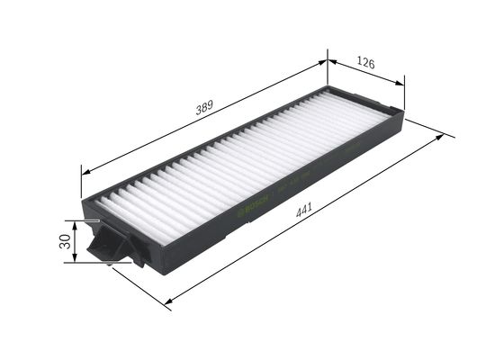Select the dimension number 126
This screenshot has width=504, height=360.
click(364, 63)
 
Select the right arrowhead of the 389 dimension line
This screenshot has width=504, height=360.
click(324, 62)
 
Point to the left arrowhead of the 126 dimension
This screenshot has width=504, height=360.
click(330, 62)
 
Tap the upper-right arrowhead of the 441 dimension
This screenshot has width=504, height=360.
click(441, 137)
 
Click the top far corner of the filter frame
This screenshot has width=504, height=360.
click(329, 85)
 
